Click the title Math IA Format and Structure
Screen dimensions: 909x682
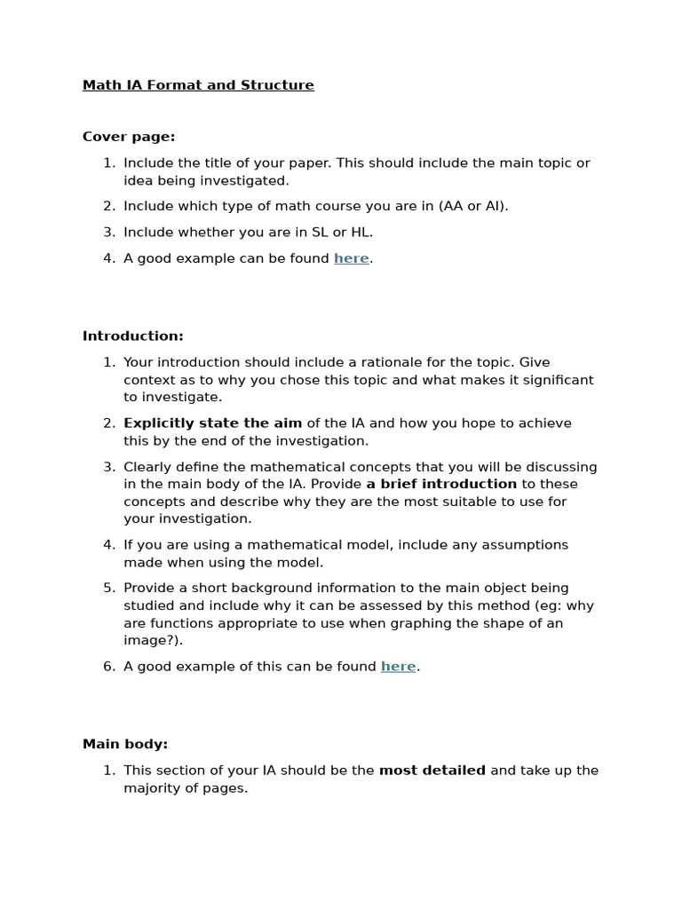tap(198, 85)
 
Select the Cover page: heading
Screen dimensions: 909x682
tap(129, 137)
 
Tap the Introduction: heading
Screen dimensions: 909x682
tap(133, 336)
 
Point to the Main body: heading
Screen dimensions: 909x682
tap(125, 744)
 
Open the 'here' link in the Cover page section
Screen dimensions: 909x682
tap(351, 258)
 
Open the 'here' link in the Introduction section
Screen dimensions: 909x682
tap(398, 667)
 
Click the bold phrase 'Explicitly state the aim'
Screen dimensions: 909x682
tap(212, 423)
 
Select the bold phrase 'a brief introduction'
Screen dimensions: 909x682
tap(441, 485)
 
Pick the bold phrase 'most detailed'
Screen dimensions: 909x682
tap(432, 771)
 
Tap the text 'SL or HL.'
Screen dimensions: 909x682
tap(342, 233)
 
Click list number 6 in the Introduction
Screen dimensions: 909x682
tap(108, 667)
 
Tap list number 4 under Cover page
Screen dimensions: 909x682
tap(108, 258)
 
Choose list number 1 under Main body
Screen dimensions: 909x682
tap(108, 771)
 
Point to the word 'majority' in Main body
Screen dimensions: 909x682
tap(152, 788)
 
